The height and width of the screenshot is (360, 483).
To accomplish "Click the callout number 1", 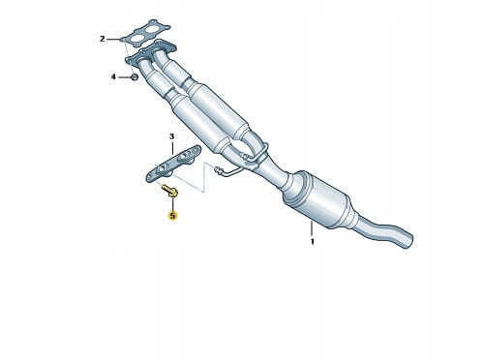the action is coord(312,242).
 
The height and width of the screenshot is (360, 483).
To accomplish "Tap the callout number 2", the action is coord(103,39).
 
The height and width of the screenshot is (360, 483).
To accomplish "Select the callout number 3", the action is coord(171,136).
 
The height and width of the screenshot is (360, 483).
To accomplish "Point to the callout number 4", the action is coord(113,76).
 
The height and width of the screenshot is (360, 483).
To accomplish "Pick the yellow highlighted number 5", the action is coord(173,215).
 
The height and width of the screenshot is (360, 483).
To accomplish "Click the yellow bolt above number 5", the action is coord(169,190).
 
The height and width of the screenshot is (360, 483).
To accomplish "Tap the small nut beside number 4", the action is coord(135,77).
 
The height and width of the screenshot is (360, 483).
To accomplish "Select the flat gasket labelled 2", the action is coord(145,34).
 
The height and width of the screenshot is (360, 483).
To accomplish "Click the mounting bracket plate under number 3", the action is coord(173,165).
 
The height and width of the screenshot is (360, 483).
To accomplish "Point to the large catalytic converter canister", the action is coord(317,198).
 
